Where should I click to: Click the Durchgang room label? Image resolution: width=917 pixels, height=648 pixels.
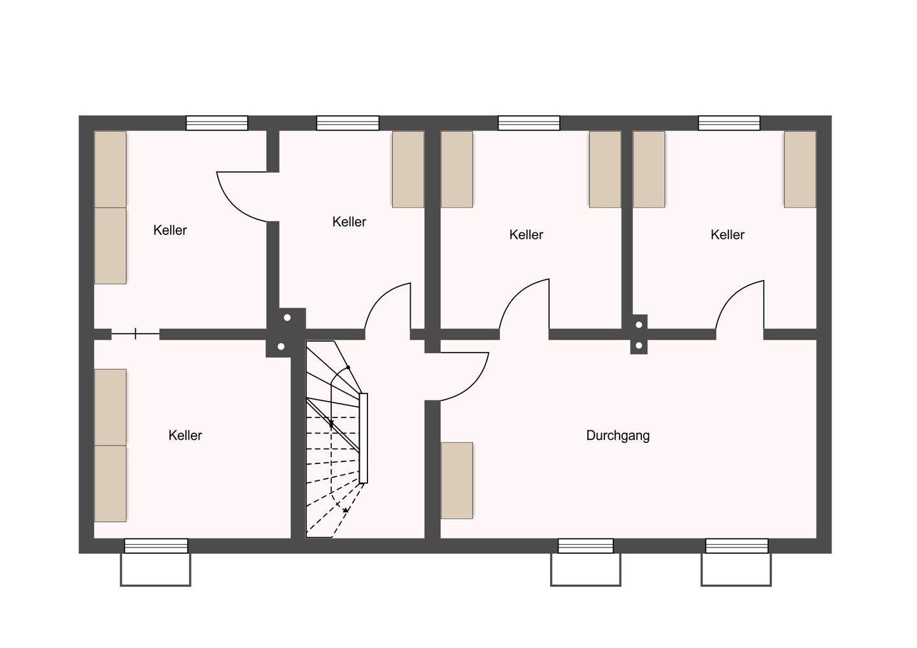point(618,435)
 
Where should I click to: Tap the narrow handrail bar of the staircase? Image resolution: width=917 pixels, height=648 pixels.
point(364,438)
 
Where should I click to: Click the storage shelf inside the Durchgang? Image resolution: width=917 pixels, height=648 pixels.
point(457,480)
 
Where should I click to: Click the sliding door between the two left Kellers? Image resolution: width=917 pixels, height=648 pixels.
point(136,334)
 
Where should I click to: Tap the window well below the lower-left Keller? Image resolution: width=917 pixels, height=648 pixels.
point(155,569)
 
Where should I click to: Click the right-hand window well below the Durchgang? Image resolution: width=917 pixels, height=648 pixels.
point(736,569)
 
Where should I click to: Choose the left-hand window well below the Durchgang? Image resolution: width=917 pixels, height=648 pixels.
point(585,569)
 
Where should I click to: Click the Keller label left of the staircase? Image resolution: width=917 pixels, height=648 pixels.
point(185,435)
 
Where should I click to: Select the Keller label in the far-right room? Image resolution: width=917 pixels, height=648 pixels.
point(727,235)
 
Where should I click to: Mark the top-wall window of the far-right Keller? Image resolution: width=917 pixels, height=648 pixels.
point(729,123)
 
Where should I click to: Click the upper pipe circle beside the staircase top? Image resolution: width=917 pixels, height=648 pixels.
point(287,318)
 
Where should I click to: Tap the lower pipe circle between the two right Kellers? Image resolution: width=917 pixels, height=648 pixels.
point(639,346)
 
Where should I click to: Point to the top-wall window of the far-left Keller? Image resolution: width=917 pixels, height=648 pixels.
point(217,123)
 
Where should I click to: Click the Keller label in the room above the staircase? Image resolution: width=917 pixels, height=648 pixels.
point(349,222)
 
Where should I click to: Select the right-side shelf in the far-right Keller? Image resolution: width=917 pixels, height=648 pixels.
point(800,169)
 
